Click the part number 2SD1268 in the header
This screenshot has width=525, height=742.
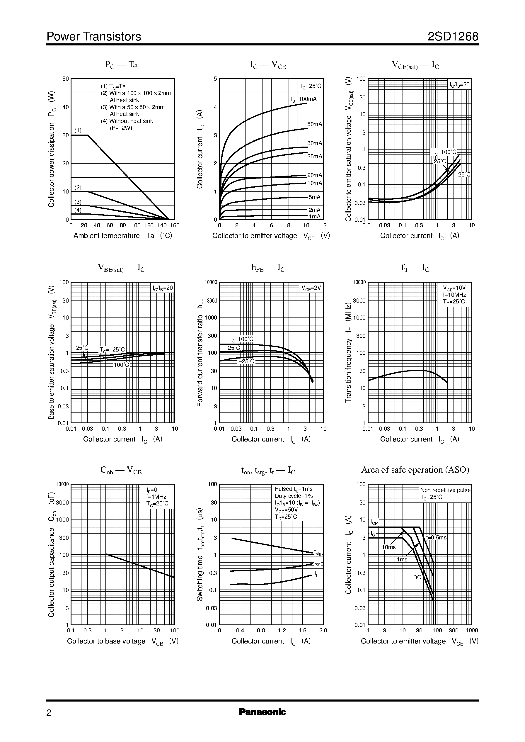point(453,37)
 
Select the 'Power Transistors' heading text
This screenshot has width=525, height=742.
point(94,37)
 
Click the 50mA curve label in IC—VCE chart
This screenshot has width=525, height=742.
point(315,124)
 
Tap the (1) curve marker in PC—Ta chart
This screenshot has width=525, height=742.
point(78,131)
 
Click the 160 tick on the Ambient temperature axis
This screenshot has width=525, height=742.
point(175,225)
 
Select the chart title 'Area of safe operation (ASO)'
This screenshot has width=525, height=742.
point(415,470)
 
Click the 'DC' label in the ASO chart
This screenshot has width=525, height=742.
point(417,577)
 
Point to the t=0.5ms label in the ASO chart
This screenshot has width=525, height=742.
point(436,538)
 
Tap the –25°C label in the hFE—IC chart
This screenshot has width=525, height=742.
point(246,361)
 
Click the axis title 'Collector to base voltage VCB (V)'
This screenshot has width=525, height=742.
point(122,641)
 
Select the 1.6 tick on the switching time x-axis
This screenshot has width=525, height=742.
point(302,630)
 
